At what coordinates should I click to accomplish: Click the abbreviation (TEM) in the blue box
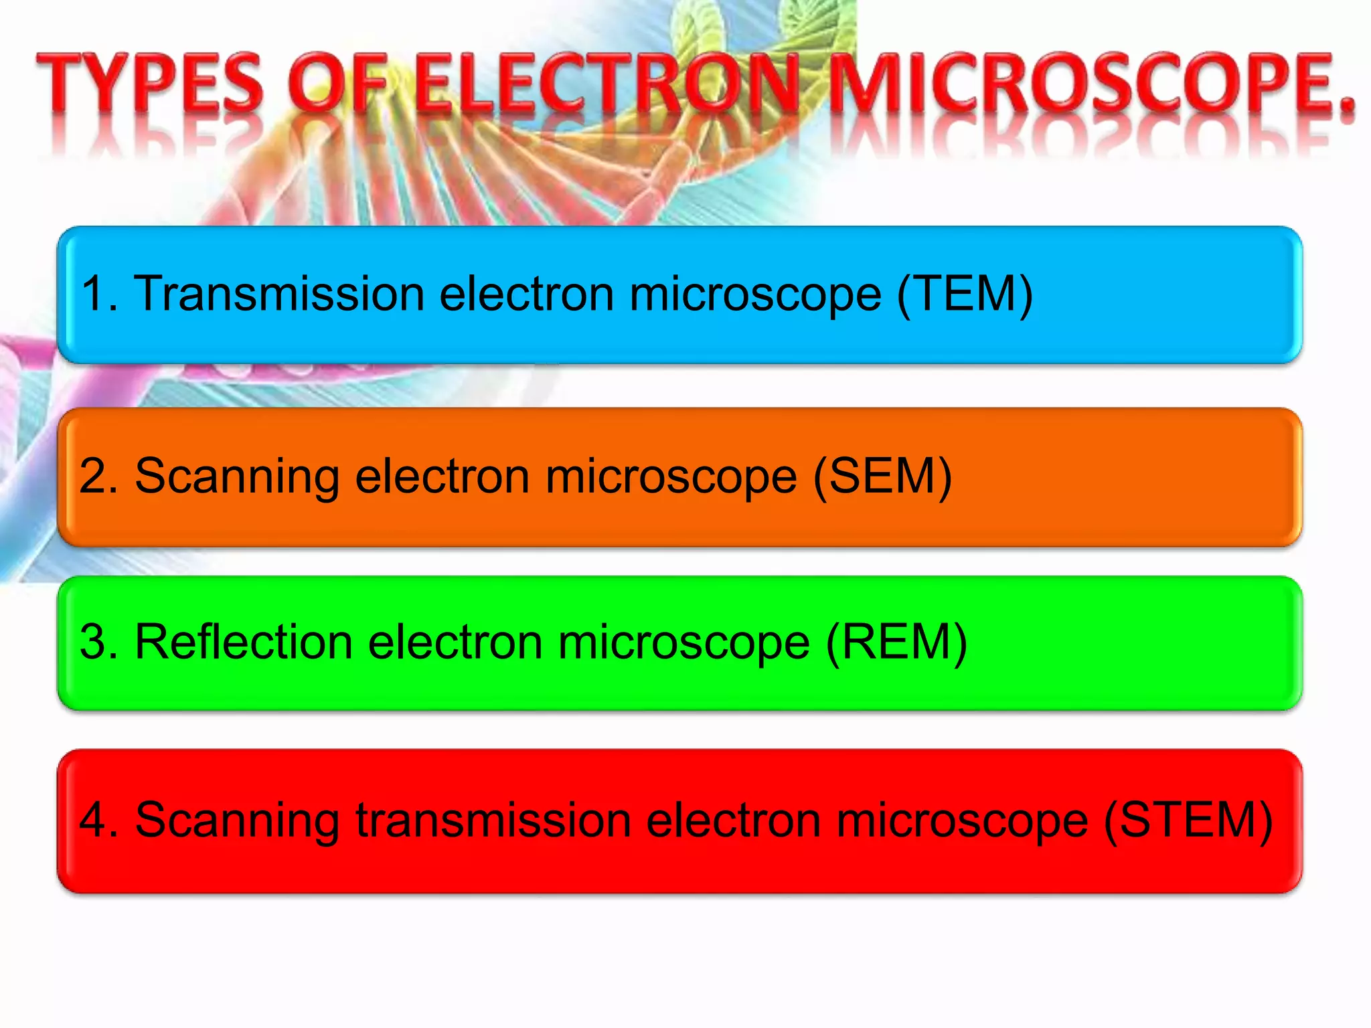965,294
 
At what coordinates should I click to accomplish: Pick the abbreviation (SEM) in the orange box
882,477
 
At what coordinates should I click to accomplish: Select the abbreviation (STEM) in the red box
1188,820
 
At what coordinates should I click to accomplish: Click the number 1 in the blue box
94,294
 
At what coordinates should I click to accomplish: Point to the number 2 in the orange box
94,477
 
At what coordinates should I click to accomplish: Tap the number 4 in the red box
94,820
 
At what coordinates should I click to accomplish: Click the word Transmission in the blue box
280,294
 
